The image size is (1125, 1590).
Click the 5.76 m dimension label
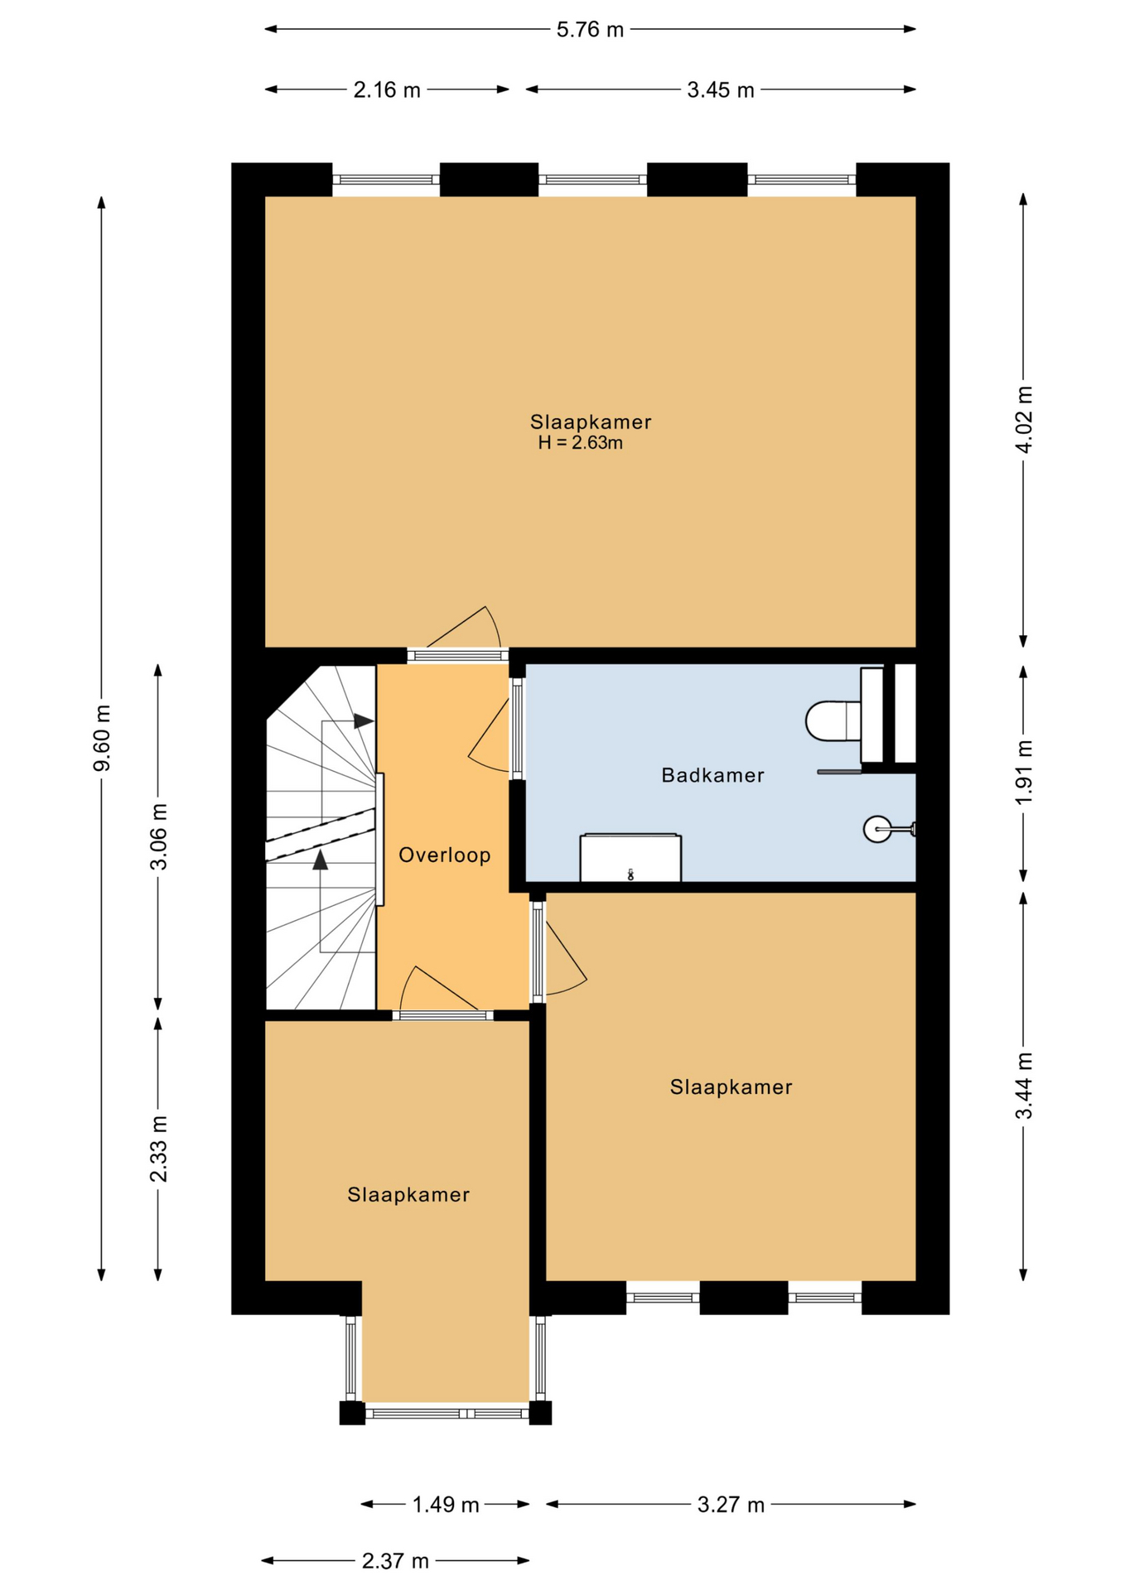[590, 30]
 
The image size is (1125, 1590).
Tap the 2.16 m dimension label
[387, 89]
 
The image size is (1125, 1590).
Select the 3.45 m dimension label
[721, 89]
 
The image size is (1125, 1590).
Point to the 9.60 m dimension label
[102, 738]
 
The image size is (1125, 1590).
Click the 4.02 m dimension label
[1024, 420]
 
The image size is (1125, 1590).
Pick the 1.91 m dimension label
[1024, 772]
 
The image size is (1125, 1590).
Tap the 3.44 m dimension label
[1024, 1086]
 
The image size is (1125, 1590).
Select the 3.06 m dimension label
[158, 836]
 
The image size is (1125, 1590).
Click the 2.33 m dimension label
[158, 1149]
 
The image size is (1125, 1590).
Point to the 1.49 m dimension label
[446, 1505]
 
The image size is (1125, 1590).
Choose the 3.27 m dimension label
[731, 1505]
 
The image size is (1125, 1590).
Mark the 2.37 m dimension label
[395, 1561]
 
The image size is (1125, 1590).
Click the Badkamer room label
[712, 775]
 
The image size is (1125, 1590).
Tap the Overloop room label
[445, 855]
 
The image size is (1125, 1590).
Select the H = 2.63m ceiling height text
[580, 443]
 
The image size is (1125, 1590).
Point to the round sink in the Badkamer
[877, 828]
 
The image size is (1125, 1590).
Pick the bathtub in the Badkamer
[630, 858]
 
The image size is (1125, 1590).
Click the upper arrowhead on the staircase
[364, 721]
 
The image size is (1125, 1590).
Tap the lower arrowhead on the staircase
[321, 860]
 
